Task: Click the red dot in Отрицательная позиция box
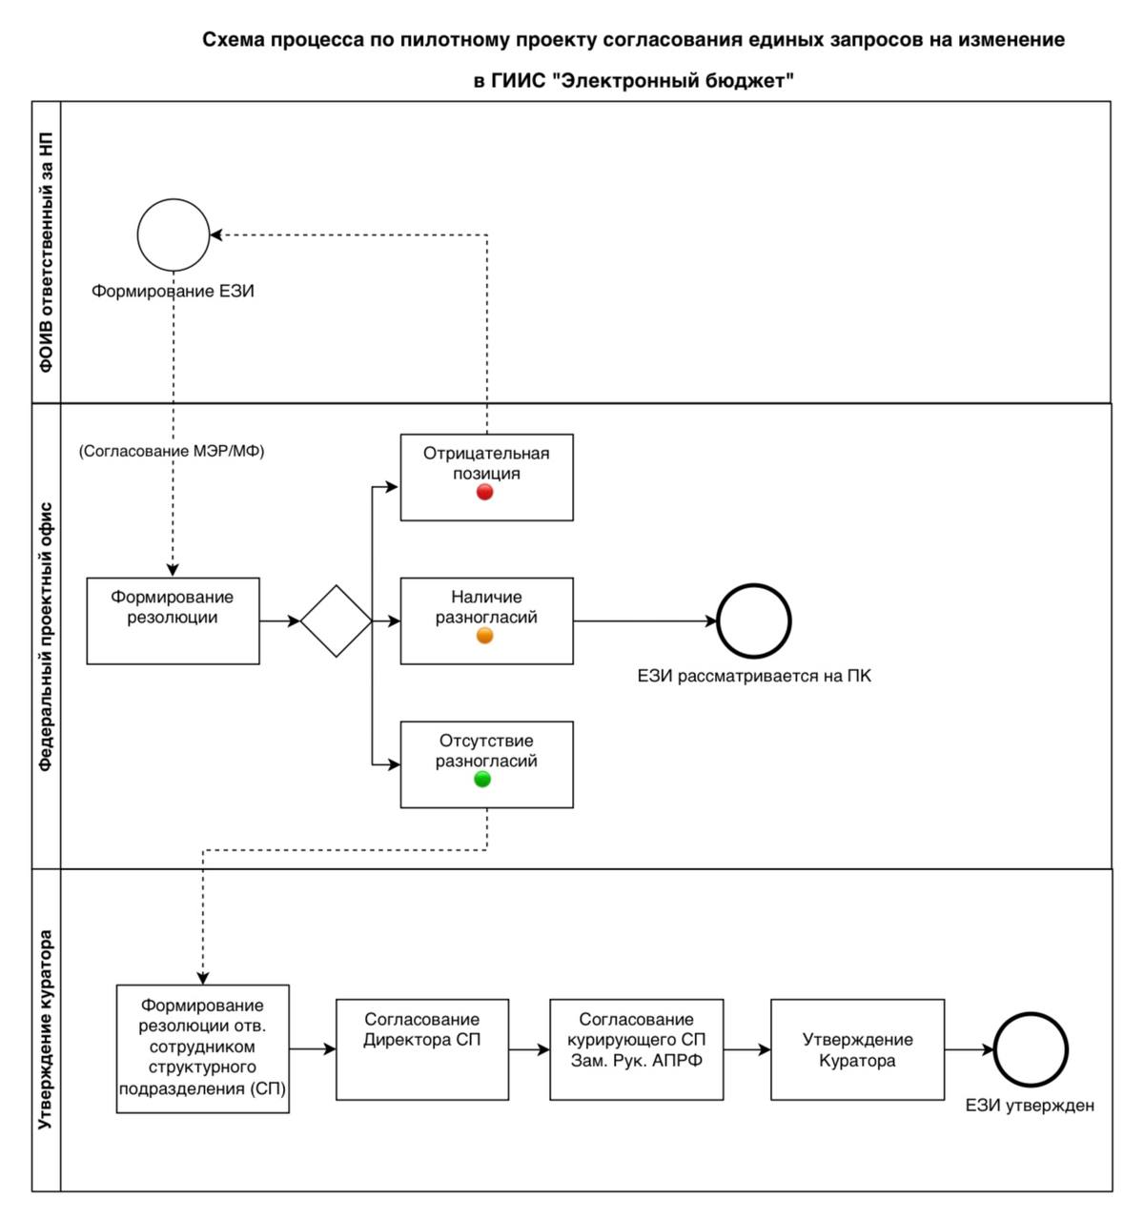click(484, 492)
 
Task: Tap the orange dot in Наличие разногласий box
click(484, 636)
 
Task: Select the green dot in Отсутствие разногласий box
click(482, 780)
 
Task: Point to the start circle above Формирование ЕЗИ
click(174, 199)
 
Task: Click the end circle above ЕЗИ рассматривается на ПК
click(754, 585)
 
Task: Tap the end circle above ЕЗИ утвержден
click(1031, 1014)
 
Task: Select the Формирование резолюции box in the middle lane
click(173, 621)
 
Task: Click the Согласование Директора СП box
click(422, 1049)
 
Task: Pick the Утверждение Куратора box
click(858, 1049)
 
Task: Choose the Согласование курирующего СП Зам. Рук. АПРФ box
click(636, 1049)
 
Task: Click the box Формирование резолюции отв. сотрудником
click(203, 1049)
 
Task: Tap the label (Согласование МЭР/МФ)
click(172, 452)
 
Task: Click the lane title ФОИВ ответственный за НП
click(46, 253)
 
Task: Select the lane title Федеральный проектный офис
click(46, 637)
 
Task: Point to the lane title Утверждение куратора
click(46, 1029)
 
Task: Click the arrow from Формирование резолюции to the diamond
click(279, 621)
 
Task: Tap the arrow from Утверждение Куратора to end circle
click(970, 1049)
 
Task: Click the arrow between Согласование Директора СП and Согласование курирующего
click(529, 1049)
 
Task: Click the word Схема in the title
click(235, 40)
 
